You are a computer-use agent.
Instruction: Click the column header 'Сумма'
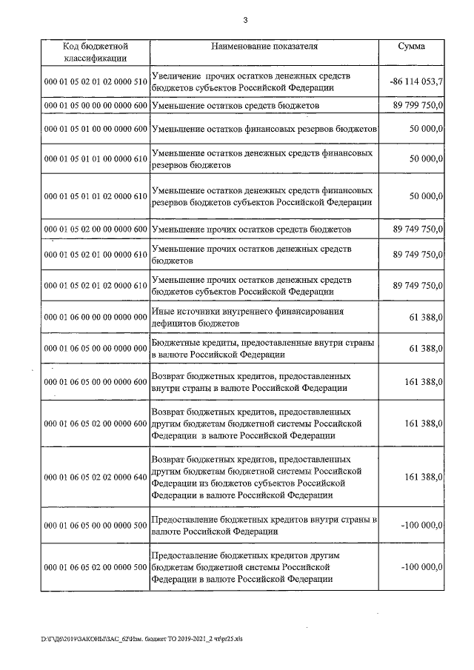tap(411, 46)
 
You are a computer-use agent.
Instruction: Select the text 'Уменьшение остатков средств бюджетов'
tap(235, 107)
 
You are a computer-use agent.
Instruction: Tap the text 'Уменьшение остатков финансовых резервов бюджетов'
tap(264, 130)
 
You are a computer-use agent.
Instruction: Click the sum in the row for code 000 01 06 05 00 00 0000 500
tap(421, 526)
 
